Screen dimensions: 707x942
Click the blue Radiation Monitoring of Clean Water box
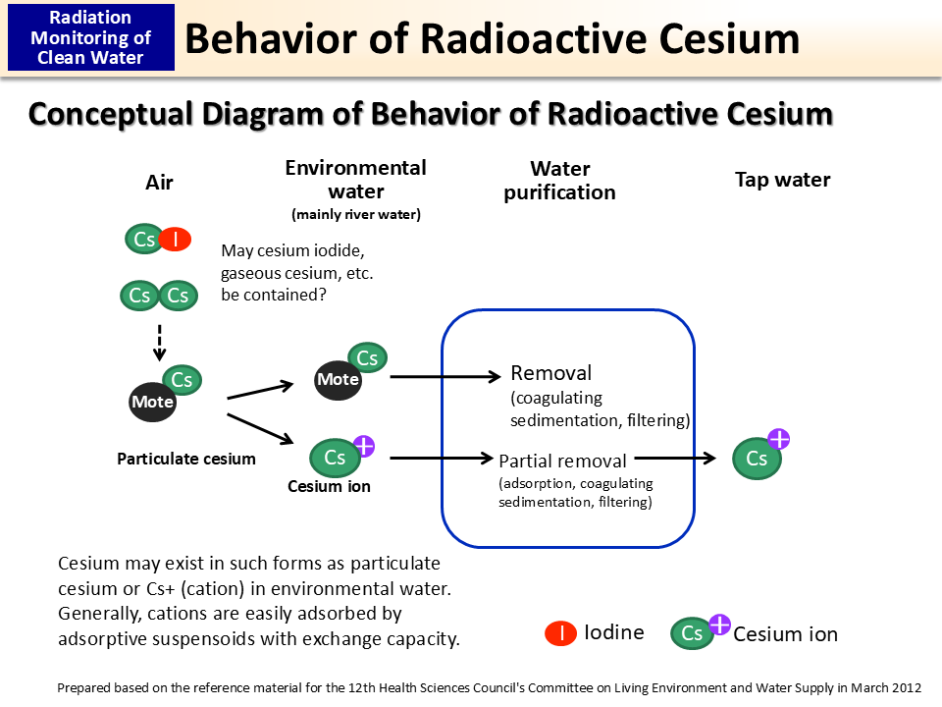click(x=91, y=37)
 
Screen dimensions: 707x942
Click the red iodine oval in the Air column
click(x=175, y=239)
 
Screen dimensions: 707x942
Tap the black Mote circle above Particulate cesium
click(x=153, y=402)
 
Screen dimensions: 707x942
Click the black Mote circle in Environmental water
click(x=338, y=379)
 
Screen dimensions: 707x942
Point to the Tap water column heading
click(x=782, y=180)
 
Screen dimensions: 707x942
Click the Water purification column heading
click(x=559, y=181)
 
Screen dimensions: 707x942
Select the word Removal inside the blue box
click(x=551, y=373)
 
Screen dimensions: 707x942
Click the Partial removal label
click(x=562, y=461)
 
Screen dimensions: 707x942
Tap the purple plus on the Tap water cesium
click(x=779, y=439)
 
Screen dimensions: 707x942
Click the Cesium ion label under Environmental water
click(x=329, y=486)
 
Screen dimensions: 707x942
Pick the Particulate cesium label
click(x=185, y=459)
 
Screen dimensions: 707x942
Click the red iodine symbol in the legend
click(x=560, y=633)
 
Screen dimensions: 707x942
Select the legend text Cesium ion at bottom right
click(x=785, y=634)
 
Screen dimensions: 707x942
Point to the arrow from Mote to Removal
click(x=446, y=376)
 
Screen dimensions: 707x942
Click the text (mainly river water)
click(x=355, y=214)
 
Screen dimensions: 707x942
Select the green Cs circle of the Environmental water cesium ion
click(x=335, y=458)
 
